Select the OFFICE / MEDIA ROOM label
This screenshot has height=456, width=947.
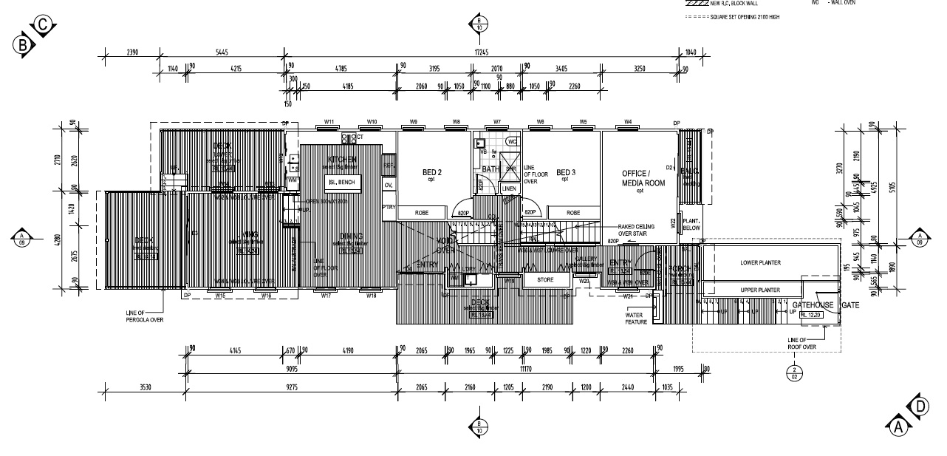(640, 177)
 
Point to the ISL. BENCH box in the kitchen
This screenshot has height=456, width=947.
(342, 182)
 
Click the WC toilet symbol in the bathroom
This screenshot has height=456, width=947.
(511, 141)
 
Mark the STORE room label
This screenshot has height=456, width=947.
(545, 280)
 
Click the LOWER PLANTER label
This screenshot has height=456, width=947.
(760, 262)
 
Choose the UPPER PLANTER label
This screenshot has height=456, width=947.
(760, 290)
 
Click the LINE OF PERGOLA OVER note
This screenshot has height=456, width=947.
(144, 316)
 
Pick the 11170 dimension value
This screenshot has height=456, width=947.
(527, 367)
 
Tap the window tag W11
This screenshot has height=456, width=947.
(329, 121)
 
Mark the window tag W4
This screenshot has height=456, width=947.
(627, 121)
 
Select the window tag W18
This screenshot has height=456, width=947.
(372, 296)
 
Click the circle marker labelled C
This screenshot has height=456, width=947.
(44, 24)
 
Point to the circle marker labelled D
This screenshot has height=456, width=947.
(920, 406)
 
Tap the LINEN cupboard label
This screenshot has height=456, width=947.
(510, 189)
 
